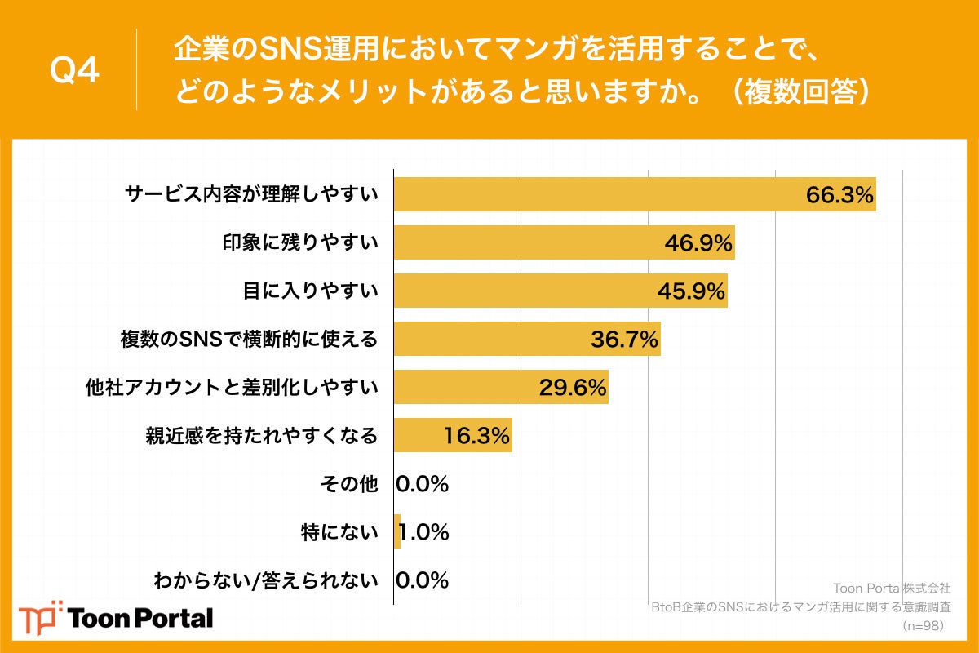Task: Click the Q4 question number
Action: [74, 71]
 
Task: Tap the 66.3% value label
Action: [839, 195]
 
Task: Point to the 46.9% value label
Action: [698, 243]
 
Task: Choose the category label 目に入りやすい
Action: [311, 291]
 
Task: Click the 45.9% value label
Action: [691, 291]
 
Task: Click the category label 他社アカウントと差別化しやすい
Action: [232, 387]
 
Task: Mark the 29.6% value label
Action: [572, 388]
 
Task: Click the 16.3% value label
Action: [476, 436]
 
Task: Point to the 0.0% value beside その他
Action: [423, 484]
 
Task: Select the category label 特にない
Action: [339, 532]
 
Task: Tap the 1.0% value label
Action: [424, 532]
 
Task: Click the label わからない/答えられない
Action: [266, 580]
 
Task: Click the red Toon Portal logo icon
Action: [40, 617]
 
